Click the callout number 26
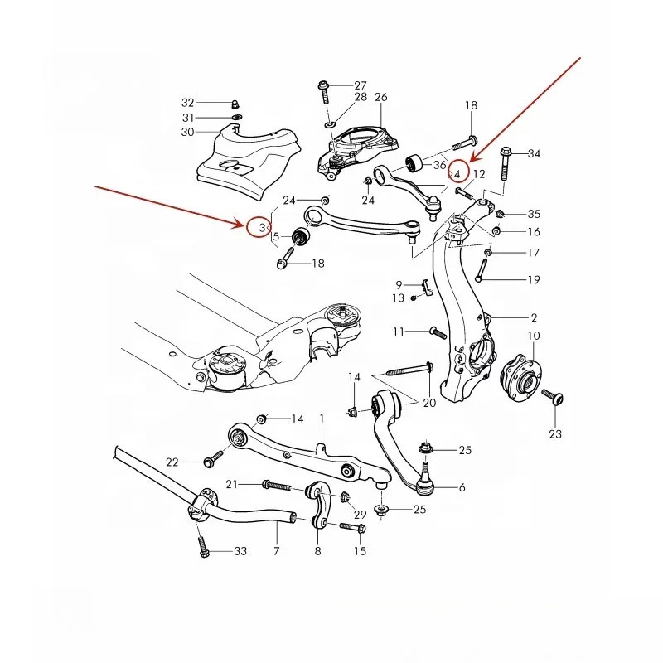(x=380, y=97)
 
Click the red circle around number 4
(x=457, y=172)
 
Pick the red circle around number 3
(x=259, y=225)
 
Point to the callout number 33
(x=240, y=551)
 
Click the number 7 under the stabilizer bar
(x=277, y=550)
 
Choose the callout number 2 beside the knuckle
(x=535, y=317)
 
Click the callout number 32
(x=188, y=103)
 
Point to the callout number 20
(x=428, y=403)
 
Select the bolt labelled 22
(x=212, y=456)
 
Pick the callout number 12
(x=479, y=174)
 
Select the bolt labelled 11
(x=438, y=331)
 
